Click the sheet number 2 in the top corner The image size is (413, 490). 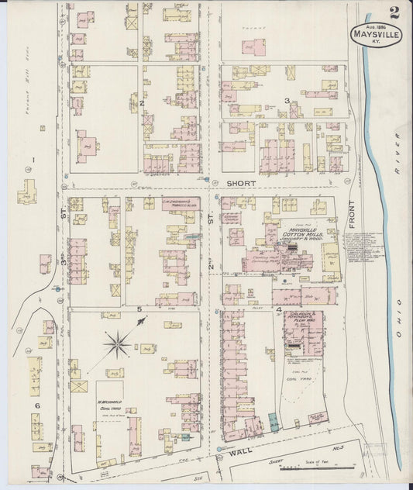click(x=394, y=12)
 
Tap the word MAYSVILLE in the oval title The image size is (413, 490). click(x=376, y=34)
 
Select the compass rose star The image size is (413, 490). click(x=118, y=341)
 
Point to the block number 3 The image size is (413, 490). click(x=286, y=101)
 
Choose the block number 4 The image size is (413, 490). click(x=278, y=310)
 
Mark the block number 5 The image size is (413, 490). click(x=139, y=310)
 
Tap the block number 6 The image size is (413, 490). click(x=36, y=405)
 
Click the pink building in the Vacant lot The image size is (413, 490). click(x=250, y=48)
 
